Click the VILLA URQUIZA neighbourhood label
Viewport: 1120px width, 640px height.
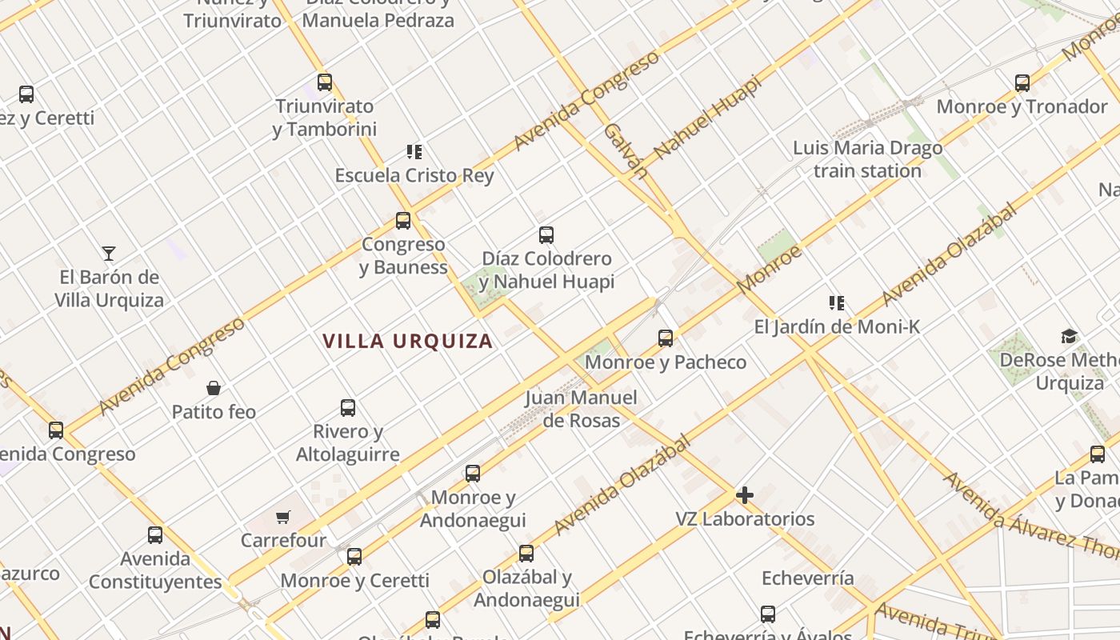[408, 341]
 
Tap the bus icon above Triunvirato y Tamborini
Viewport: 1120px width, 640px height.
[325, 82]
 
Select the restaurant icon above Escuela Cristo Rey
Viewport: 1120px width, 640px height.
[414, 151]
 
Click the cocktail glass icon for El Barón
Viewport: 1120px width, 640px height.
[109, 254]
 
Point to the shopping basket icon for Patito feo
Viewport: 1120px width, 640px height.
[214, 388]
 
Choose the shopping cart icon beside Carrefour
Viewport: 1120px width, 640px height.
[282, 517]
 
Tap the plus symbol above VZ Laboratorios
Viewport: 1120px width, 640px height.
[745, 495]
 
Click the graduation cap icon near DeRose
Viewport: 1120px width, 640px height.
[1069, 336]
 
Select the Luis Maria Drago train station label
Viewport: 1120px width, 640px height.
[867, 159]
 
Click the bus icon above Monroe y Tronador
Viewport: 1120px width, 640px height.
[1022, 82]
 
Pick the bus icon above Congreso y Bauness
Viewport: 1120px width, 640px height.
[403, 220]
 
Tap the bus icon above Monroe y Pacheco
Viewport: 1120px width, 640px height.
[666, 338]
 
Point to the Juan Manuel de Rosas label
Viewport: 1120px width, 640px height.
[582, 409]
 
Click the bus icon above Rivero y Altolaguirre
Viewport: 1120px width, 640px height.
[348, 407]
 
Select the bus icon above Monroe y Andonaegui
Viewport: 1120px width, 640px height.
[473, 473]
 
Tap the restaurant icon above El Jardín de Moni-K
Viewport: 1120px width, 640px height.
[837, 302]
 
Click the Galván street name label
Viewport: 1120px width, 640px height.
[625, 150]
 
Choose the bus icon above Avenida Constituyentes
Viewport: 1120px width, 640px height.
[155, 534]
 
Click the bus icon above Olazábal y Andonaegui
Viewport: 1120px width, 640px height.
[526, 553]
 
